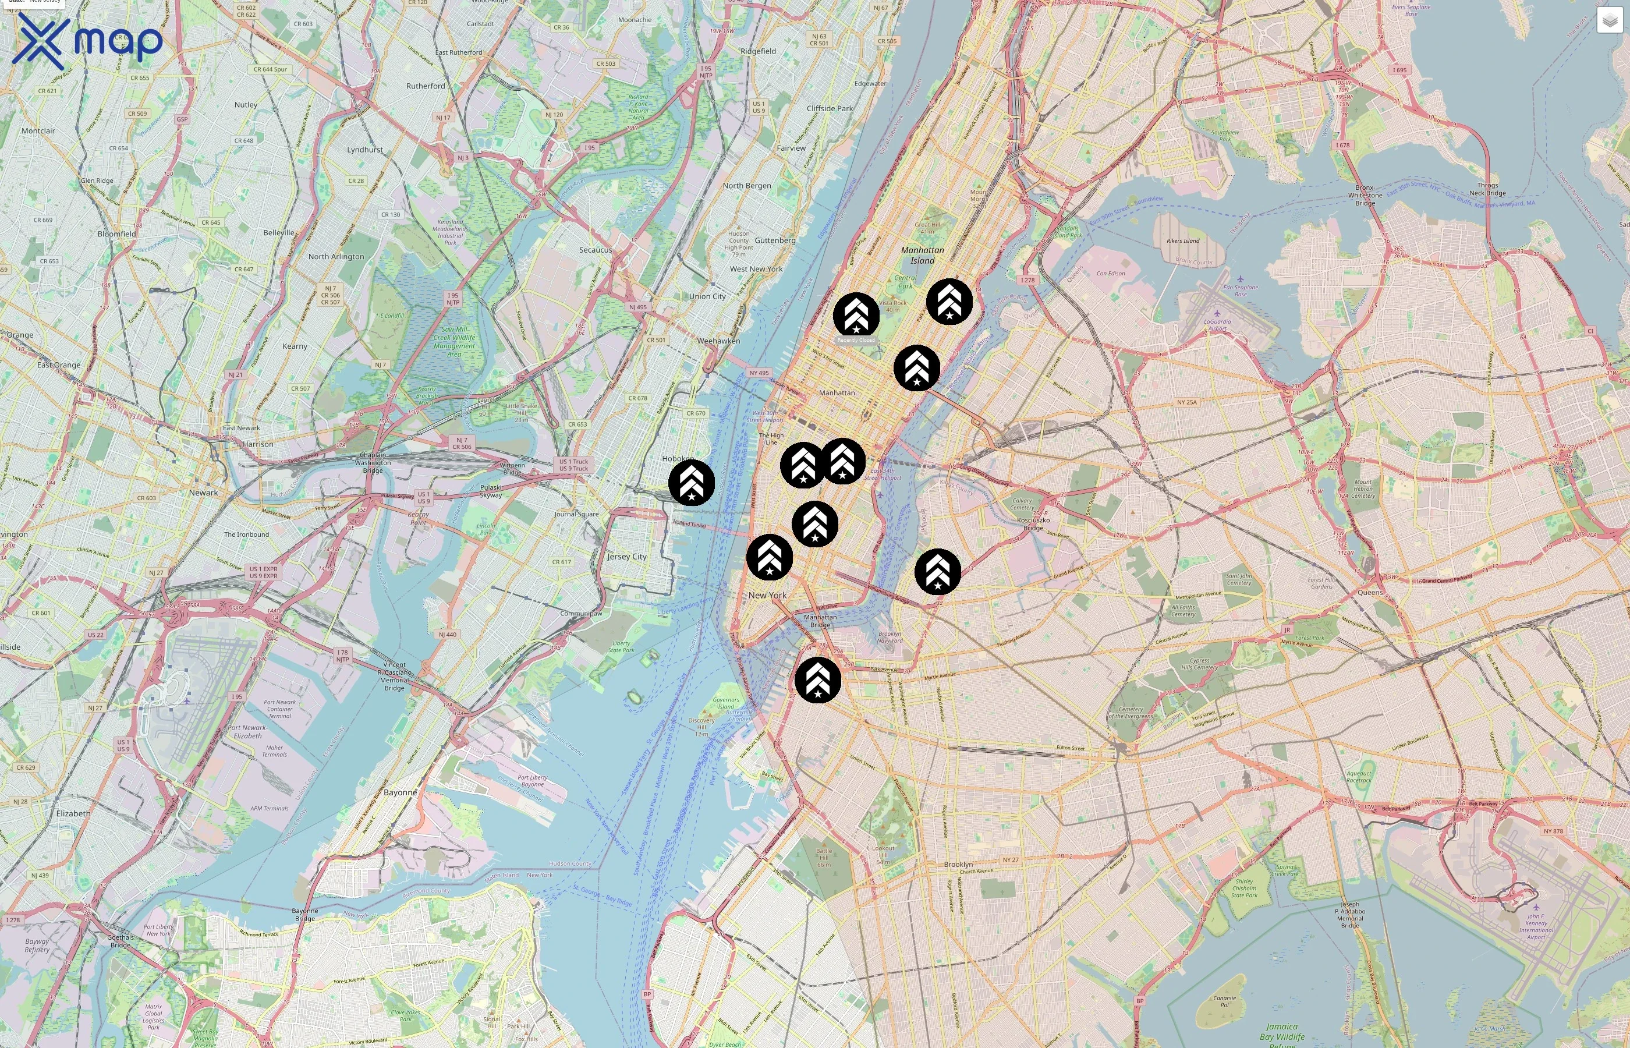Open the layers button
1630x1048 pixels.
tap(1610, 21)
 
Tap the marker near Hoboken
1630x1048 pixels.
tap(691, 483)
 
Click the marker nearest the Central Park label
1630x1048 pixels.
tap(856, 316)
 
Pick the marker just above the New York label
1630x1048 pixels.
tap(770, 557)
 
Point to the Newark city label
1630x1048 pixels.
tap(203, 493)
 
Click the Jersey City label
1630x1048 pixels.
tap(626, 557)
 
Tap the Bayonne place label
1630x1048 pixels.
tap(400, 792)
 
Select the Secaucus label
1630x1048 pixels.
tap(596, 250)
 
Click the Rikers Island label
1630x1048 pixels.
tap(1183, 241)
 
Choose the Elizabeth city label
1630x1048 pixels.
tap(73, 813)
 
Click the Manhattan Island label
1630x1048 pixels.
tap(923, 255)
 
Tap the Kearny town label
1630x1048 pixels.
tap(295, 346)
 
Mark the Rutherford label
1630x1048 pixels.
tap(426, 86)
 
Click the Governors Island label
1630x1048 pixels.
tap(726, 703)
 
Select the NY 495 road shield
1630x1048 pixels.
tap(759, 373)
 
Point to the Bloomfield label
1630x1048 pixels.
tap(116, 234)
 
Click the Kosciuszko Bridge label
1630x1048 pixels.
tap(1033, 523)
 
